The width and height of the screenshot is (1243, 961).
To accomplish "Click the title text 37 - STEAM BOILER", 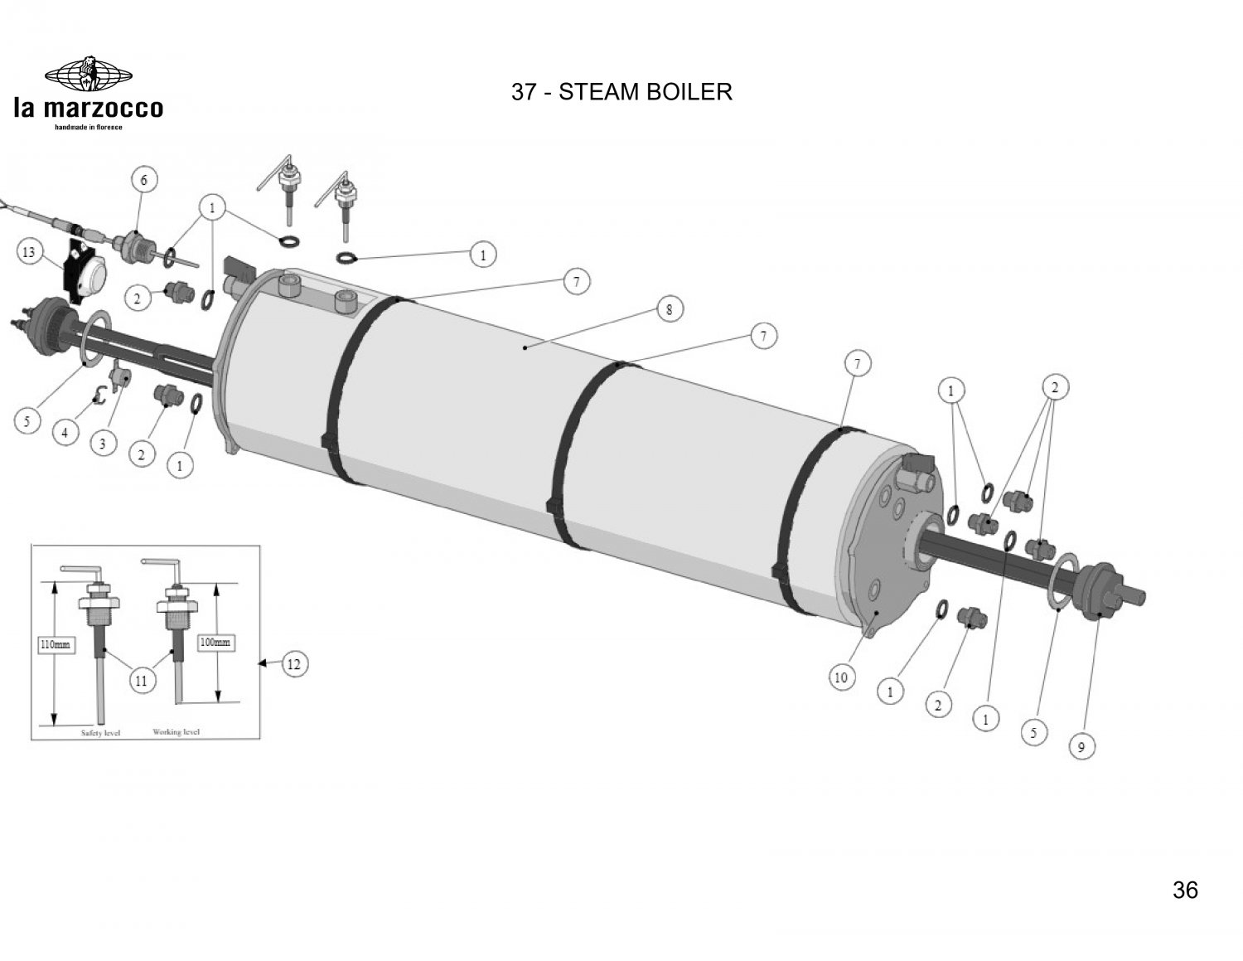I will click(x=621, y=92).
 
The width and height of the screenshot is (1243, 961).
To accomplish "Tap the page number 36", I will click(x=1185, y=890).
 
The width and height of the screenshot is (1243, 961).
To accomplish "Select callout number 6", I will click(x=143, y=180).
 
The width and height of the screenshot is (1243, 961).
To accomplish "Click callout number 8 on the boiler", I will click(x=670, y=310).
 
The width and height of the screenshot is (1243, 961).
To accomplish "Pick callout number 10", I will click(x=840, y=677).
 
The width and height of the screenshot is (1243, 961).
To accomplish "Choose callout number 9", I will click(x=1081, y=747).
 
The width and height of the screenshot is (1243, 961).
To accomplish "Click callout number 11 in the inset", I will click(x=141, y=681).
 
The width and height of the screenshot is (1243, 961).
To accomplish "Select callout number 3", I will click(x=102, y=444).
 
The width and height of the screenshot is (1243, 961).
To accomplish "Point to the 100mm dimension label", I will click(x=215, y=642).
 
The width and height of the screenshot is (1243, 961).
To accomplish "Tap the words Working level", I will click(x=176, y=732).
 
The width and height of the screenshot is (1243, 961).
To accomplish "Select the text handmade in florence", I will click(x=88, y=128).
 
